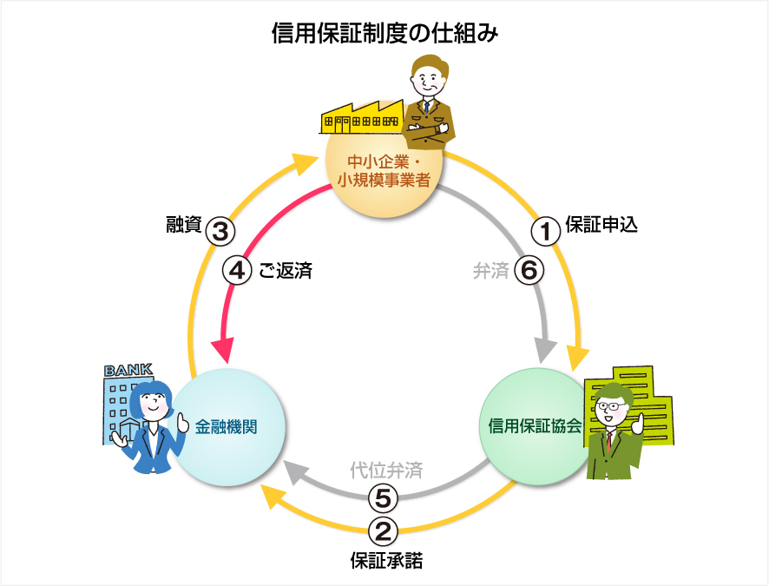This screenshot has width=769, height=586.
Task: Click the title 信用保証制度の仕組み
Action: [x=384, y=34]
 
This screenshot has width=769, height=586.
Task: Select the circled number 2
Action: [x=384, y=529]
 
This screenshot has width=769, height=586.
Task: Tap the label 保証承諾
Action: [x=384, y=560]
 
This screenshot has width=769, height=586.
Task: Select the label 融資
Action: [x=183, y=227]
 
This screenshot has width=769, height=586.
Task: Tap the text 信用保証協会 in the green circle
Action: [x=535, y=426]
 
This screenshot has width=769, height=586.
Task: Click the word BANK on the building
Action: [x=128, y=371]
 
